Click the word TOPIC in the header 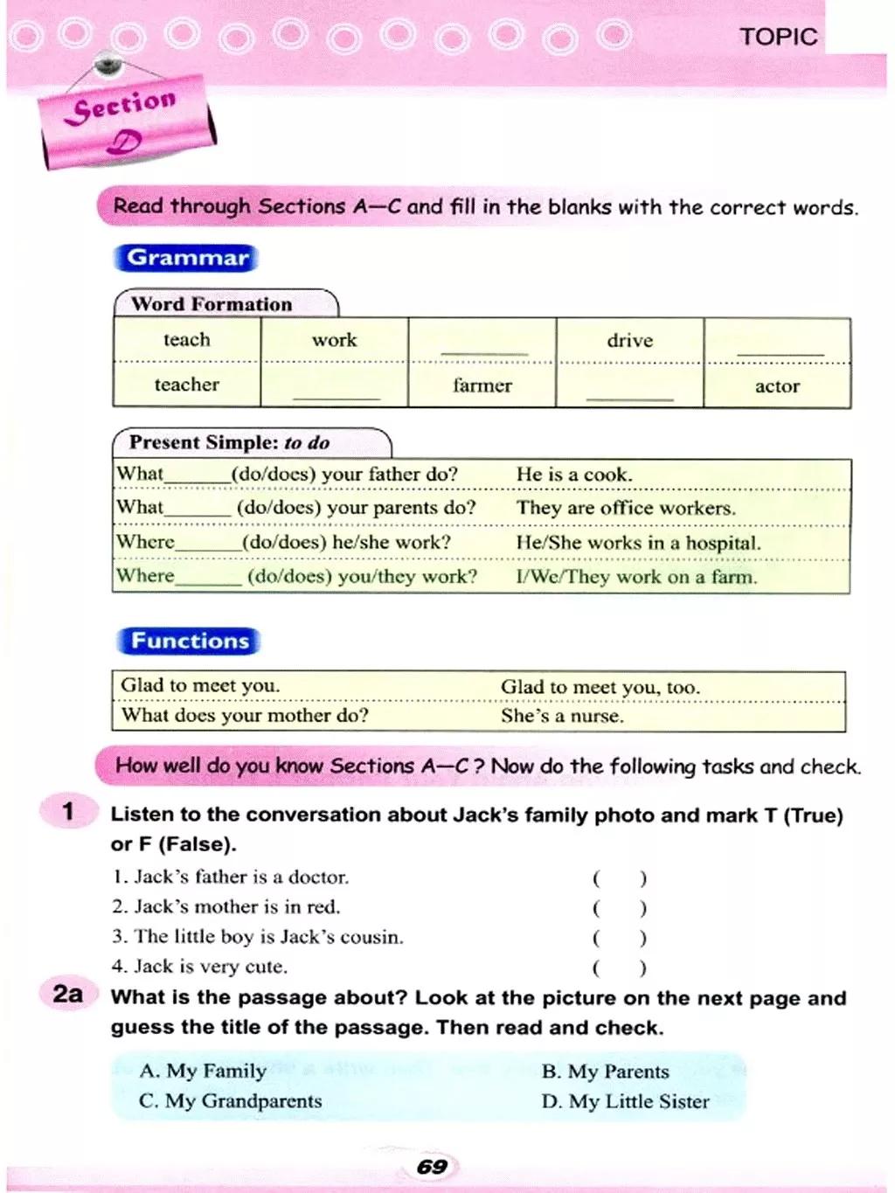(x=778, y=37)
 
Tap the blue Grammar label (x=187, y=258)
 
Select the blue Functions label (x=189, y=641)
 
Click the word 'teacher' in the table (x=186, y=385)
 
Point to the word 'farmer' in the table (x=482, y=385)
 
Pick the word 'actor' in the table (x=777, y=386)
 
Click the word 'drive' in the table (x=629, y=340)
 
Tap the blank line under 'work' (x=336, y=396)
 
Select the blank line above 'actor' (x=780, y=350)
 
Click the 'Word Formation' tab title (x=212, y=304)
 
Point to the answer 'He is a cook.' (x=574, y=475)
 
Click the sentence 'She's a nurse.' (x=562, y=716)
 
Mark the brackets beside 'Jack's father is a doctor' (x=620, y=878)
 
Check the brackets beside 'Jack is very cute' (x=620, y=968)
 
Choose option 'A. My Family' (x=203, y=1071)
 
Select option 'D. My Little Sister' (x=625, y=1101)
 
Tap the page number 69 (x=432, y=1167)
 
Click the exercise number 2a (x=67, y=994)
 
